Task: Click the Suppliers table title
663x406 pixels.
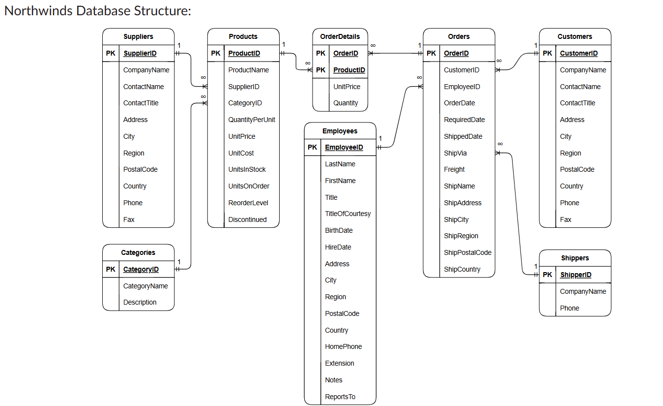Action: click(138, 36)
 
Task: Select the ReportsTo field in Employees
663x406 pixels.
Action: click(340, 397)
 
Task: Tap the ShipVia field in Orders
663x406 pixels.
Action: click(455, 153)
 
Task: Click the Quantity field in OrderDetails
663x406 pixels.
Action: click(346, 103)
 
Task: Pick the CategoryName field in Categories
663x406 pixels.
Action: click(145, 286)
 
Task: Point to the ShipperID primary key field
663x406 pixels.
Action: click(576, 275)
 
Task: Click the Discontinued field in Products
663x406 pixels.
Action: click(247, 219)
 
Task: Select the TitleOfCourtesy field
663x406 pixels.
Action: click(347, 214)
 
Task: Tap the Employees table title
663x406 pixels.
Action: click(340, 131)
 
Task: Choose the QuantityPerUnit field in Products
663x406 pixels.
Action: click(252, 120)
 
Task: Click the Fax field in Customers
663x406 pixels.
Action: click(566, 219)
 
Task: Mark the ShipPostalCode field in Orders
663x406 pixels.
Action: click(467, 252)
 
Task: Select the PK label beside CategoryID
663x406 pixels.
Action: click(111, 269)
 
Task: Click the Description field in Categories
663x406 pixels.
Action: click(140, 302)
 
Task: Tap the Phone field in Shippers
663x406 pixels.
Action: click(570, 308)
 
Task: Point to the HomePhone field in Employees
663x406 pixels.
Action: click(344, 346)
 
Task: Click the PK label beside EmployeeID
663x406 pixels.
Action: click(313, 147)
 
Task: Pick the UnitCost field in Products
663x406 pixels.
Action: click(241, 153)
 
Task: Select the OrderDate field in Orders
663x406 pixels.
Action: click(459, 103)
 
